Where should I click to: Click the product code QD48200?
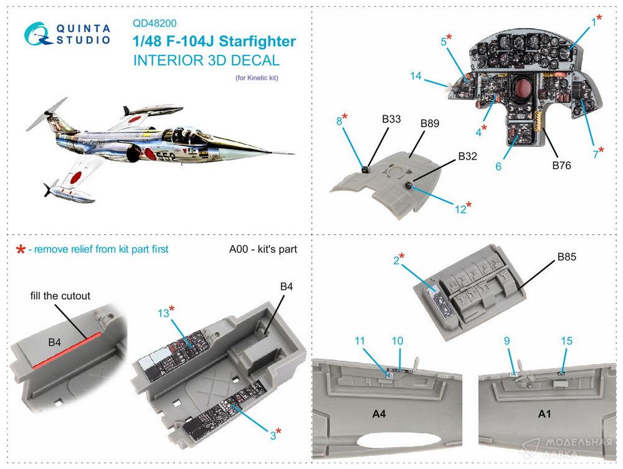click(155, 24)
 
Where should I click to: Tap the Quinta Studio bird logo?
click(38, 34)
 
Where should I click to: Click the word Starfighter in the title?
click(257, 41)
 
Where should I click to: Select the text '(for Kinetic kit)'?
click(257, 78)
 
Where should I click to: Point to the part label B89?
click(430, 123)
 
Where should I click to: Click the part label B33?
click(391, 119)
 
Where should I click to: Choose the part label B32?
click(468, 156)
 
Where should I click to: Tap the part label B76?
click(561, 165)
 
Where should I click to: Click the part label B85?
click(566, 257)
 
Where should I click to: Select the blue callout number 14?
click(416, 75)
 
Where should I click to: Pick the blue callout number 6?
click(498, 166)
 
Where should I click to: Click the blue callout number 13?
click(163, 313)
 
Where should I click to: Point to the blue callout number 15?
click(566, 341)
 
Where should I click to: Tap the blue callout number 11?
click(359, 341)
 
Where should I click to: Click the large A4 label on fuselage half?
click(379, 414)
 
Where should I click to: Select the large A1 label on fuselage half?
click(545, 414)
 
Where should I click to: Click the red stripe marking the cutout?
click(66, 350)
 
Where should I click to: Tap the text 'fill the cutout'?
click(60, 296)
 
